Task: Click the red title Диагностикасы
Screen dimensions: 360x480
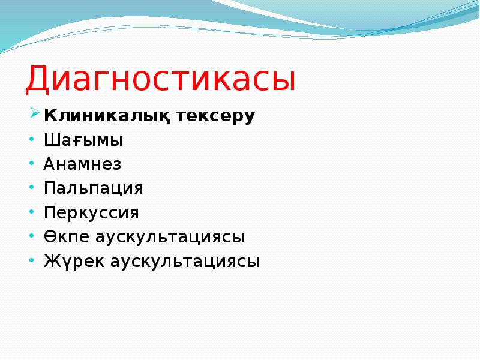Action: [x=160, y=79]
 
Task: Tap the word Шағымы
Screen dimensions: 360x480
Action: [x=83, y=141]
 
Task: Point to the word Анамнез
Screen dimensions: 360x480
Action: [x=82, y=164]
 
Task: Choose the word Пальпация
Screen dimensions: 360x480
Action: [x=93, y=188]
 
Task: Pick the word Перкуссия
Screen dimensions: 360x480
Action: [x=91, y=213]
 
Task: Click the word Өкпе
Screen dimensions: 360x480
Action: [x=66, y=237]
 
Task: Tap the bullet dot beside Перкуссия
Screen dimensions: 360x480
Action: [x=32, y=211]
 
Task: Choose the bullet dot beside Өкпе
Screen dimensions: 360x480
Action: [x=32, y=235]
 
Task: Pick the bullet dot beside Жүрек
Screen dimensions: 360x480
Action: [x=32, y=260]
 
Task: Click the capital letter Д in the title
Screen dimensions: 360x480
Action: [x=40, y=80]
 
